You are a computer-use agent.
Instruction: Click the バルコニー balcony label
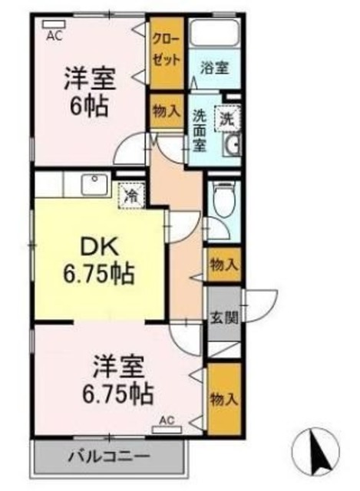click(x=110, y=457)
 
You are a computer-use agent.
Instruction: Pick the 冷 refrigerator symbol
click(x=131, y=196)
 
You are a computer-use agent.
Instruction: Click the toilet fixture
click(x=223, y=200)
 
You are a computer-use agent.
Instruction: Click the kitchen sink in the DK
click(x=94, y=186)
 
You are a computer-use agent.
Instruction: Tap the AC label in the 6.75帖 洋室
click(x=167, y=420)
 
